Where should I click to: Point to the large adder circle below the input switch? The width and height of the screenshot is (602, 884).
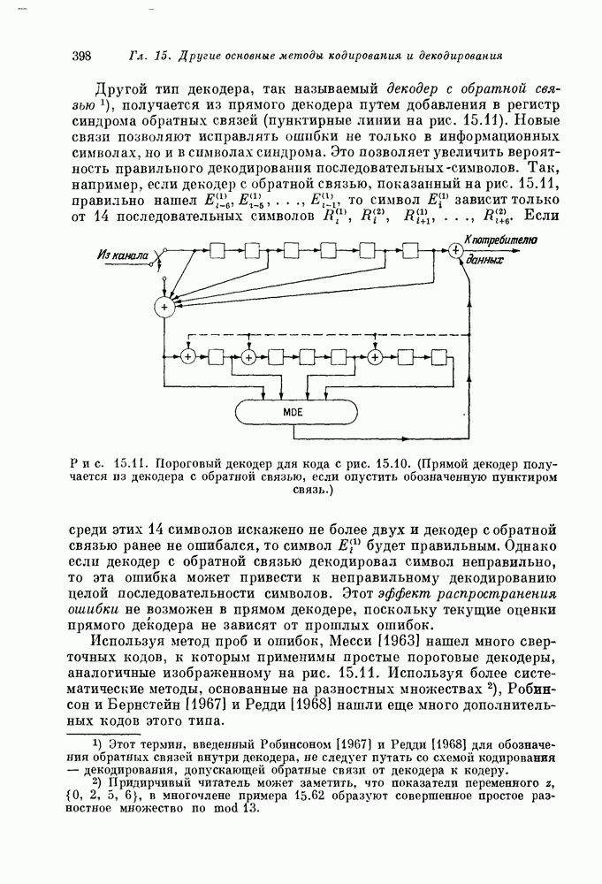tap(164, 306)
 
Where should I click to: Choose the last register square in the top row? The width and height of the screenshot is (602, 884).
tap(409, 251)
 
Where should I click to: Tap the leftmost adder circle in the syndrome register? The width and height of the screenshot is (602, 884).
tap(187, 356)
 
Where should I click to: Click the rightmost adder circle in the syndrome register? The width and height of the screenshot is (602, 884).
tap(376, 356)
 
